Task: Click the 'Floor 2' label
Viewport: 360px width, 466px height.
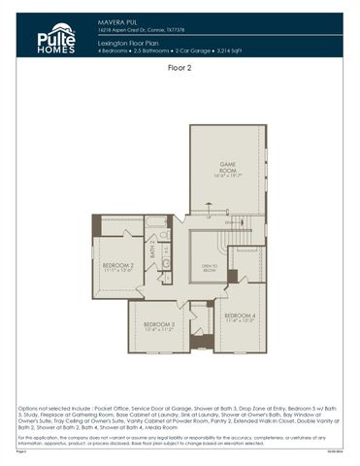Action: [x=180, y=69]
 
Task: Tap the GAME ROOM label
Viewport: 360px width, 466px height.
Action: [x=226, y=169]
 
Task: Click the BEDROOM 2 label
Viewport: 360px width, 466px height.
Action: [x=117, y=265]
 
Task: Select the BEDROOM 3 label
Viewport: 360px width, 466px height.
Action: [x=158, y=324]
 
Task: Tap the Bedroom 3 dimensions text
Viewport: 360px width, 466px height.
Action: [x=158, y=330]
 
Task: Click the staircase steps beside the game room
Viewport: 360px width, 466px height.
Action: [x=233, y=222]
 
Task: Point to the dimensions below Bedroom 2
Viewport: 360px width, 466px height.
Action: [x=117, y=271]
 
